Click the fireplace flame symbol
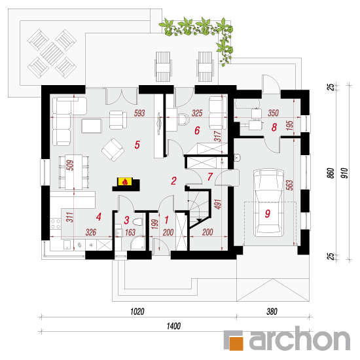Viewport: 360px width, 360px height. click(125, 182)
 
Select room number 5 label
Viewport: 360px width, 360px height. click(137, 145)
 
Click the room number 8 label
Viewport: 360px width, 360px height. click(274, 127)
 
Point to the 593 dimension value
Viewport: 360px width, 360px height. click(139, 113)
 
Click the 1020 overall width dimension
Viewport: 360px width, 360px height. click(137, 312)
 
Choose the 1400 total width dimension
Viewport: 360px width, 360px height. click(173, 326)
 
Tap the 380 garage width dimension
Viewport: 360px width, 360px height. click(272, 312)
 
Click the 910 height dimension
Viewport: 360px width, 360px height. click(344, 173)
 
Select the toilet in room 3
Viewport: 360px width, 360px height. click(137, 222)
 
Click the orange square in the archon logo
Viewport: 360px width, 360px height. click(236, 344)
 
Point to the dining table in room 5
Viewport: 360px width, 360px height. click(74, 172)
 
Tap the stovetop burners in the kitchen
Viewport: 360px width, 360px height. click(56, 224)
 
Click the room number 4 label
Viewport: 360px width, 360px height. click(99, 217)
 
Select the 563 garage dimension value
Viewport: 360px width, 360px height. click(290, 185)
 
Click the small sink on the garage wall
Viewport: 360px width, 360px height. click(238, 158)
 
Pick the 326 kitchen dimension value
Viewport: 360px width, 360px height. click(91, 232)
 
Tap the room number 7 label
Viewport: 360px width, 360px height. click(210, 177)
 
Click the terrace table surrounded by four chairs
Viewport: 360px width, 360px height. click(52, 54)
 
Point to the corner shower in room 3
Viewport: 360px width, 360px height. click(138, 243)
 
